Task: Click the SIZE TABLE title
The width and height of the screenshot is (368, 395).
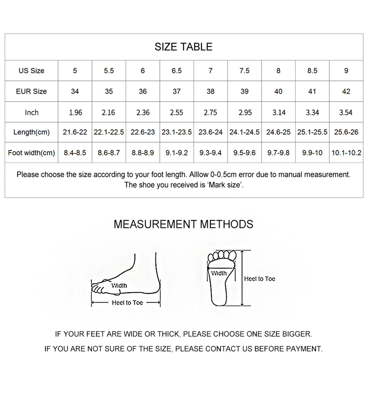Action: coord(183,47)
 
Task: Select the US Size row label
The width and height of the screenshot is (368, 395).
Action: coord(31,71)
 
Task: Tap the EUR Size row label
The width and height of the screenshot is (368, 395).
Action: coord(31,91)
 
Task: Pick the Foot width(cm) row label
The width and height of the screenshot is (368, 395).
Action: coord(31,153)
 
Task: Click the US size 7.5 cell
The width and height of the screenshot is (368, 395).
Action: coord(244,71)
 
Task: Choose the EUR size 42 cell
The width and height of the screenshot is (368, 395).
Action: coord(346,91)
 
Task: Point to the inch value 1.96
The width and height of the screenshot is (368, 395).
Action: coord(75,112)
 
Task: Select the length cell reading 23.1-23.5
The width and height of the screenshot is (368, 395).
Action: coord(177,132)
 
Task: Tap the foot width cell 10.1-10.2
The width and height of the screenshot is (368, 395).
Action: coord(346,153)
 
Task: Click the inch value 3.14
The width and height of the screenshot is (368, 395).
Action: coord(279,112)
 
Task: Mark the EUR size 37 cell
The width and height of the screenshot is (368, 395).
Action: coord(177,91)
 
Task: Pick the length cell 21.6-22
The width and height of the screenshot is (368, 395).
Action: coord(75,132)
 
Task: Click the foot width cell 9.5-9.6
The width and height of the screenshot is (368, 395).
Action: coord(244,153)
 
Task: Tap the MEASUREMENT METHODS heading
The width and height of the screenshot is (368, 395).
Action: coord(183,224)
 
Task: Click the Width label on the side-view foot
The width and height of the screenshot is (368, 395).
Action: coord(119,286)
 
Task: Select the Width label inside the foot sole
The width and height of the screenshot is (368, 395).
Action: coord(219,273)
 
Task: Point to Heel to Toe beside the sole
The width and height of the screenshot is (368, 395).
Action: coord(259,279)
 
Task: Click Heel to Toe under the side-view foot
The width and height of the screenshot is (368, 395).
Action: coord(127,303)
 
